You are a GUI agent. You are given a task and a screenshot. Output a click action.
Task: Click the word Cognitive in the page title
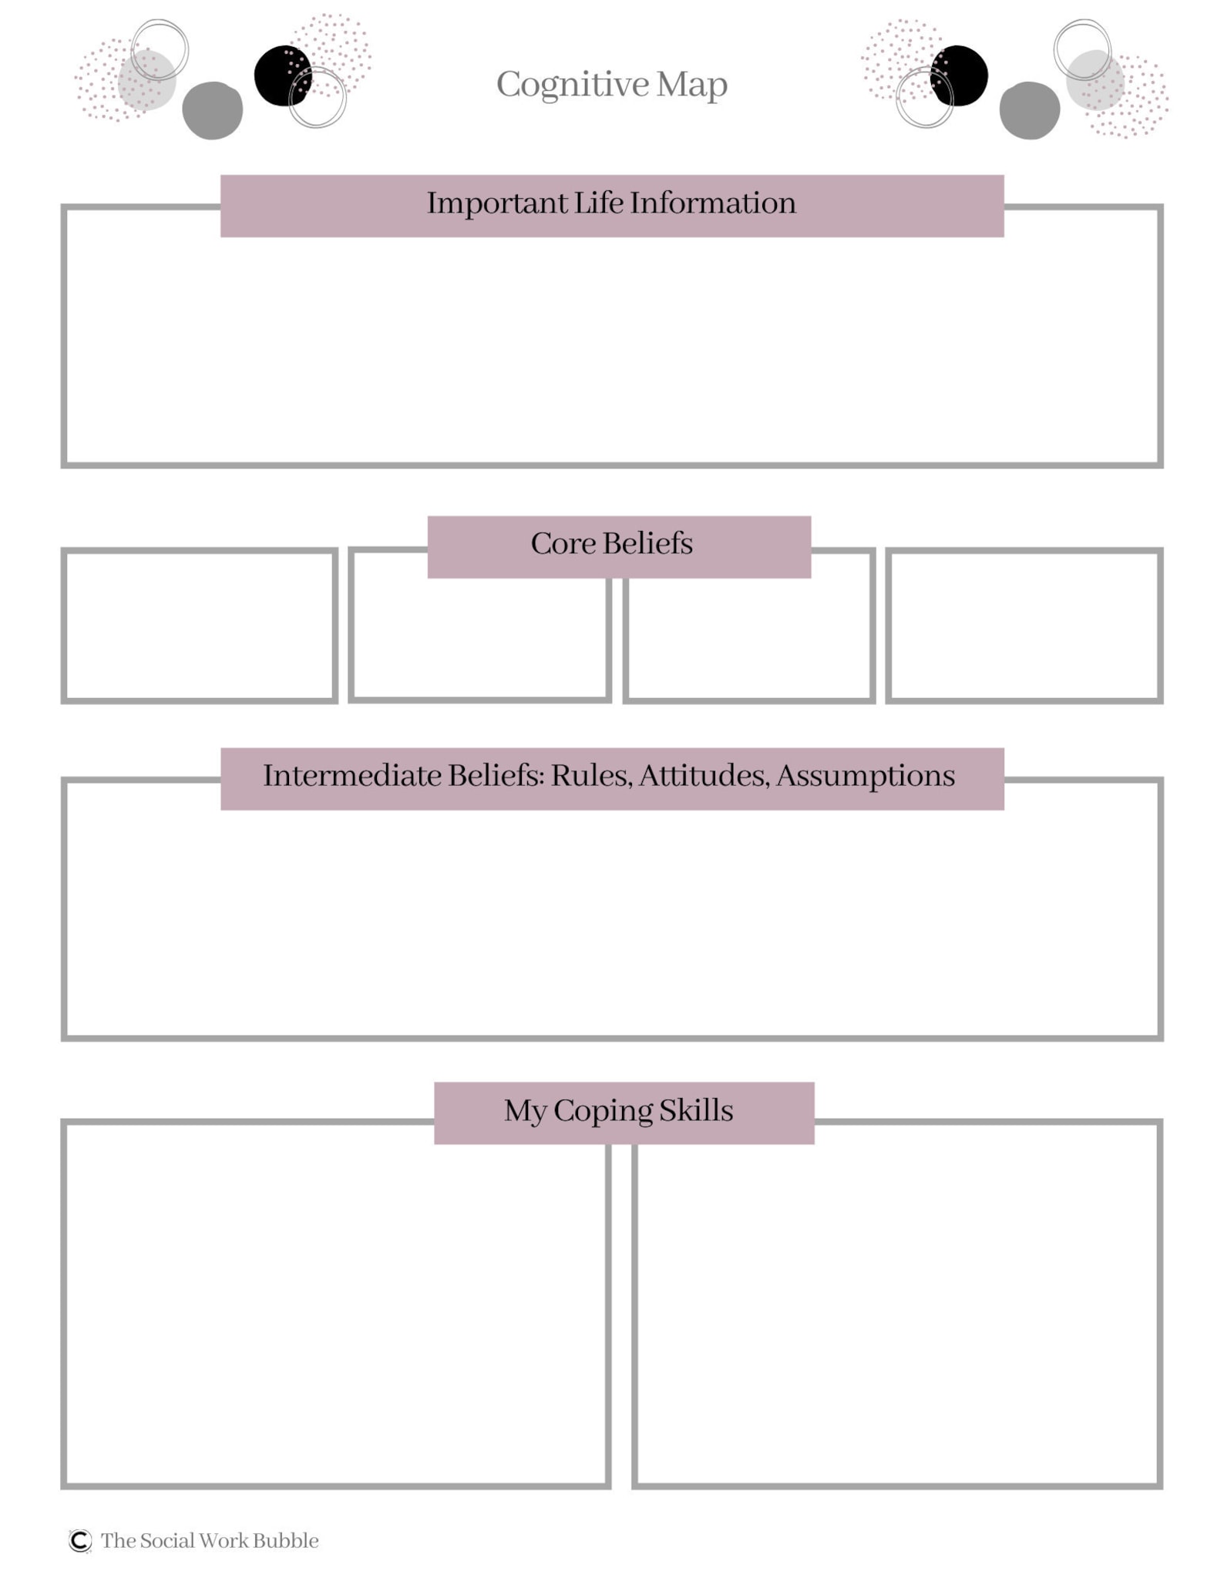pyautogui.click(x=573, y=85)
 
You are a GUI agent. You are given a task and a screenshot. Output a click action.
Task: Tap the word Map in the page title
pyautogui.click(x=692, y=85)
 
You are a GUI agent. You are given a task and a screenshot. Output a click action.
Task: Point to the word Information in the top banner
pyautogui.click(x=713, y=203)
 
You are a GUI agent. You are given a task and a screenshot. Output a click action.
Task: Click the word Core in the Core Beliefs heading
pyautogui.click(x=563, y=544)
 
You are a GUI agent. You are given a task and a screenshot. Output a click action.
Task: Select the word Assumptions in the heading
pyautogui.click(x=866, y=777)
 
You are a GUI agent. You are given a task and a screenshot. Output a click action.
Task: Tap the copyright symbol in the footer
pyautogui.click(x=80, y=1540)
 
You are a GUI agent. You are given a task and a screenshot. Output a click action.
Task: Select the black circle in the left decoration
pyautogui.click(x=283, y=76)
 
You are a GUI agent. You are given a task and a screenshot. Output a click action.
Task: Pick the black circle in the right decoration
pyautogui.click(x=959, y=76)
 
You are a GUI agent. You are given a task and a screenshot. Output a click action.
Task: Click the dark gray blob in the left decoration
pyautogui.click(x=213, y=110)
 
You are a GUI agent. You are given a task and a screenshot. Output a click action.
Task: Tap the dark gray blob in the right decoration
pyautogui.click(x=1030, y=110)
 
